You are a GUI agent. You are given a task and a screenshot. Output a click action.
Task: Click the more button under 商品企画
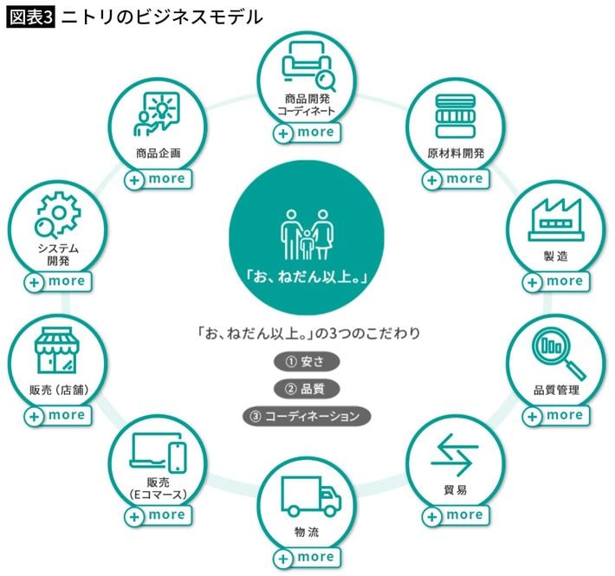coord(157,178)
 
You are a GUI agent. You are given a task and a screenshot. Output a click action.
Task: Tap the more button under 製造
coord(556,281)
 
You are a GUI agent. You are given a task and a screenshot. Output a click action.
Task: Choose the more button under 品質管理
coord(555,415)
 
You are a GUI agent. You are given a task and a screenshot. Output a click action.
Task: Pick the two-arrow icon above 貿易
coord(455,455)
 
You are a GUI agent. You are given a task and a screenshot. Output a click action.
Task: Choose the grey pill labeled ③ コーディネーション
coord(307,416)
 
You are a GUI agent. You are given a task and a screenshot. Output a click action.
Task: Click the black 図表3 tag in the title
coord(30,16)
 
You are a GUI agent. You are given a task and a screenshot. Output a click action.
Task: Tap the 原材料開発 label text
coord(456,153)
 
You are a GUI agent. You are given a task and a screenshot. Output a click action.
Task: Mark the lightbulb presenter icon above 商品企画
coord(157,116)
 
